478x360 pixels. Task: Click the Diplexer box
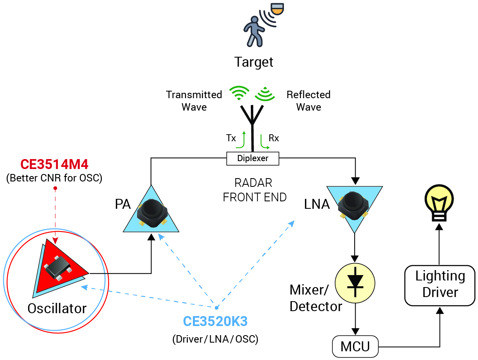[x=253, y=158]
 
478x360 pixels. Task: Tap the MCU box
[x=355, y=346]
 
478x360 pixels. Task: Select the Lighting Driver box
[x=440, y=285]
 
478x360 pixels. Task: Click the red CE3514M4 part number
[x=55, y=165]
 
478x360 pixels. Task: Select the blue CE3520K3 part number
[x=215, y=321]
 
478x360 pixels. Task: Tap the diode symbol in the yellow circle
[x=355, y=282]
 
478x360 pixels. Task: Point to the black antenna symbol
[x=252, y=124]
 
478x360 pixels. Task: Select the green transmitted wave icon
[x=240, y=93]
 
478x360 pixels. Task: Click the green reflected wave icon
[x=265, y=94]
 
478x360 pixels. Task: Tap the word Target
[x=254, y=62]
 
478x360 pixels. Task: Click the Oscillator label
[x=57, y=308]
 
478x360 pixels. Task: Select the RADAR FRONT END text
[x=255, y=190]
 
